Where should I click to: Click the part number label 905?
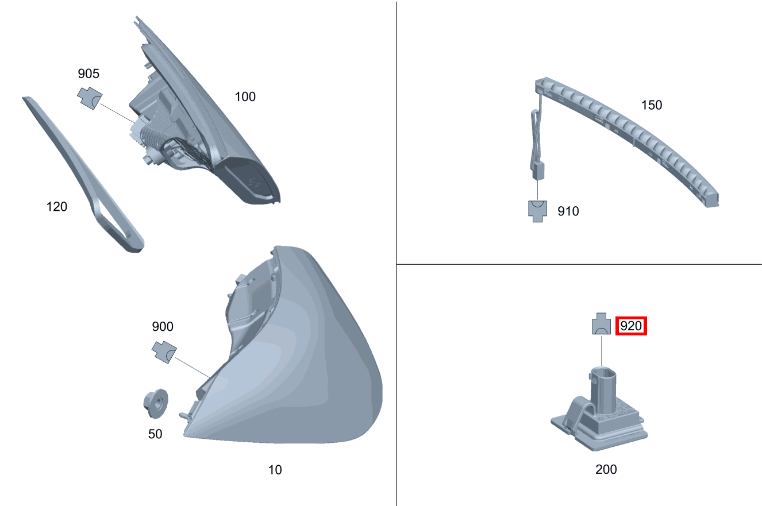click(x=88, y=74)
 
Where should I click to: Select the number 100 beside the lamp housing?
click(x=245, y=96)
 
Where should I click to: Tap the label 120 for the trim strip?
click(x=57, y=206)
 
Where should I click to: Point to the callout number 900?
click(x=163, y=326)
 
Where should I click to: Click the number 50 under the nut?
click(x=155, y=434)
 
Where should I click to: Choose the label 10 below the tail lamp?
click(x=275, y=470)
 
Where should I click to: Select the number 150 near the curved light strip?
click(x=652, y=105)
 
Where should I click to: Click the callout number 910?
click(x=568, y=211)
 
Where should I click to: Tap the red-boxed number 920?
click(x=631, y=326)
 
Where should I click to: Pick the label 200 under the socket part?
click(x=606, y=469)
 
